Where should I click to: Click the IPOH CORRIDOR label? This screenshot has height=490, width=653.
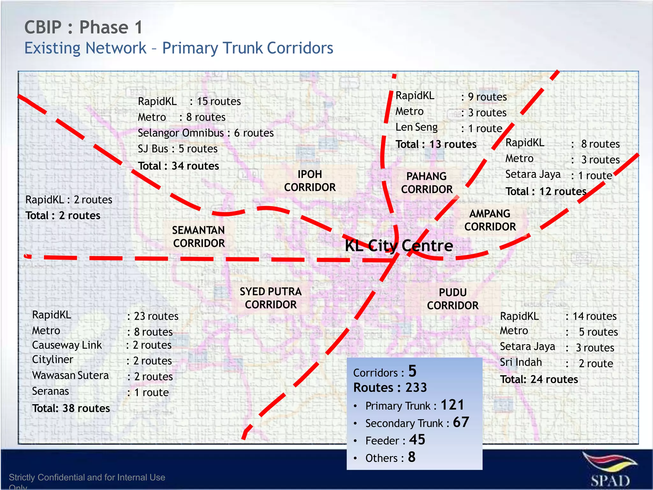pyautogui.click(x=310, y=181)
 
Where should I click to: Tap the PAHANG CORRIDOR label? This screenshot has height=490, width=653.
pyautogui.click(x=427, y=183)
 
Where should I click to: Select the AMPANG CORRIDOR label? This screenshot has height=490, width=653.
pyautogui.click(x=490, y=220)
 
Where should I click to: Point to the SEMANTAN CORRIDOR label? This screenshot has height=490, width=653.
pyautogui.click(x=199, y=237)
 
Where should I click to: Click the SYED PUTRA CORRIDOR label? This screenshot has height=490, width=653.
pyautogui.click(x=271, y=298)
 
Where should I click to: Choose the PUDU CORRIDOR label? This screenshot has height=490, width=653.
pyautogui.click(x=453, y=299)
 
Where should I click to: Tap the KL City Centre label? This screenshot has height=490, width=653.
pyautogui.click(x=399, y=246)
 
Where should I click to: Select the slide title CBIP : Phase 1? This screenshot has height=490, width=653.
pyautogui.click(x=84, y=27)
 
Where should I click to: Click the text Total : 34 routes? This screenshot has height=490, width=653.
pyautogui.click(x=179, y=166)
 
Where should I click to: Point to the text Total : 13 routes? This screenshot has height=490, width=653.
pyautogui.click(x=436, y=144)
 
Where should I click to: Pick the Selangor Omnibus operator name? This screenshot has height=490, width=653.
pyautogui.click(x=181, y=133)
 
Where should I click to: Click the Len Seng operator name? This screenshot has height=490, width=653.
pyautogui.click(x=416, y=127)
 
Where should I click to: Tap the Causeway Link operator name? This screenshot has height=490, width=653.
pyautogui.click(x=67, y=345)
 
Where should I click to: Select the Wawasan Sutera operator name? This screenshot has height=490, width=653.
pyautogui.click(x=70, y=375)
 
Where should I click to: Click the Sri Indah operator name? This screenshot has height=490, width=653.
pyautogui.click(x=521, y=362)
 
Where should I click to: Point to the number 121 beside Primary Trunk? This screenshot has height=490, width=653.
pyautogui.click(x=452, y=405)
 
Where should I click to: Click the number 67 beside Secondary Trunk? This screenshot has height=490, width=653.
pyautogui.click(x=461, y=422)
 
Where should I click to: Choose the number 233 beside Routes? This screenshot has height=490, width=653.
pyautogui.click(x=416, y=388)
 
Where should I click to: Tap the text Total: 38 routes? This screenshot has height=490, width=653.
pyautogui.click(x=71, y=408)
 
